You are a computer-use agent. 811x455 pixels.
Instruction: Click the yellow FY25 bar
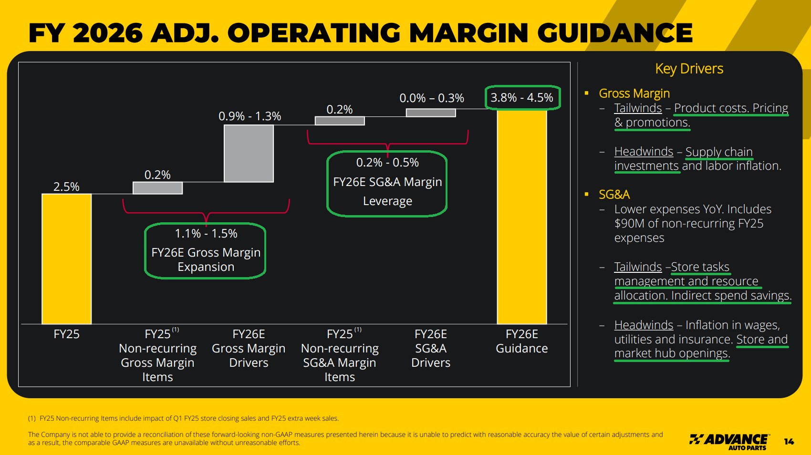click(x=66, y=259)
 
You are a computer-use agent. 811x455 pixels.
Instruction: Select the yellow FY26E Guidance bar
click(x=522, y=217)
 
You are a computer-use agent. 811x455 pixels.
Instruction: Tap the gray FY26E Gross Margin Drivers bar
click(x=249, y=154)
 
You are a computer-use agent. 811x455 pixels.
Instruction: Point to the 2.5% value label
click(x=66, y=186)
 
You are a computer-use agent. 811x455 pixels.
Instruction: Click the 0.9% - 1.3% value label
click(x=250, y=116)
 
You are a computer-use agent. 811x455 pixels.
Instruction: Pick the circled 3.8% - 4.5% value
click(x=522, y=98)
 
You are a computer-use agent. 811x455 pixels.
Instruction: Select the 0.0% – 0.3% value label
click(x=431, y=98)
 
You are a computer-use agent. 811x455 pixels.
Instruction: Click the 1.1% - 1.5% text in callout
click(x=206, y=234)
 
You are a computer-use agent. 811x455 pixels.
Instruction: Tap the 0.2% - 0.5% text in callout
click(x=387, y=163)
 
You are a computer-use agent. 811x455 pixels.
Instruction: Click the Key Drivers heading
click(x=689, y=69)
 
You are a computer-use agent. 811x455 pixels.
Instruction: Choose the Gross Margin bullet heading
click(x=634, y=93)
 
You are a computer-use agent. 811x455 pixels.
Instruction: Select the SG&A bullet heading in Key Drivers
click(x=614, y=195)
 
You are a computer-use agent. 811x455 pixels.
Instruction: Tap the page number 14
click(x=789, y=442)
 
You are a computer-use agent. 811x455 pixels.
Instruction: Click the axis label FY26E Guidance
click(x=522, y=341)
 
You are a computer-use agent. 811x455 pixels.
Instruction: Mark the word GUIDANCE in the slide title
click(x=615, y=33)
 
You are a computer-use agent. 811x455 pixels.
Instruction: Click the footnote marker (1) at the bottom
click(x=31, y=418)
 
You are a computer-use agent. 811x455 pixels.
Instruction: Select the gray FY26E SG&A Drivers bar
click(x=431, y=113)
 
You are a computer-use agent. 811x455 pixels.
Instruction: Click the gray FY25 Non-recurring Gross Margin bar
click(x=157, y=188)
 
